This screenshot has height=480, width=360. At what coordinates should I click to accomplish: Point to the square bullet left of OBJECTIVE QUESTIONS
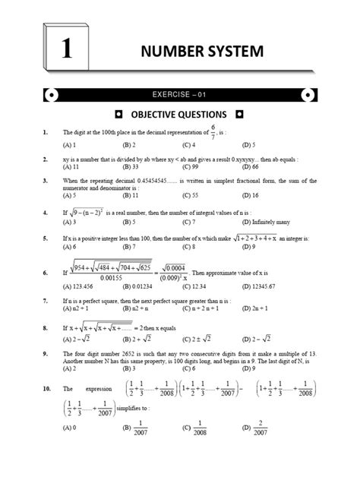point(118,115)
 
